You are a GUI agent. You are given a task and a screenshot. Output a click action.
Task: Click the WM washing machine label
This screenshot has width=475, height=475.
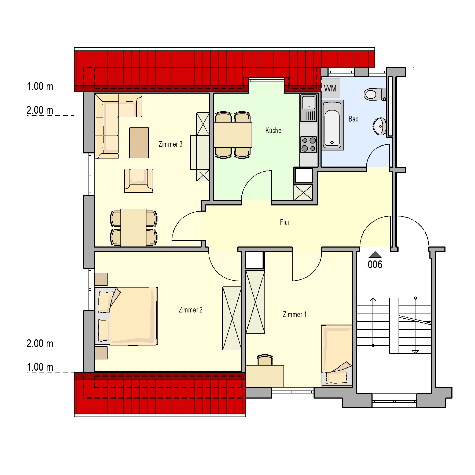point(330,89)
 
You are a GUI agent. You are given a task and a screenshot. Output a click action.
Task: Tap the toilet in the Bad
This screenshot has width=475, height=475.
point(375,94)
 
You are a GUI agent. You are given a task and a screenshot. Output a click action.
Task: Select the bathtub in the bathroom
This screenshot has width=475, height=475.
point(332,125)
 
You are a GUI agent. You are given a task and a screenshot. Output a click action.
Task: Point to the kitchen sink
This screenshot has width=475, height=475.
point(309,108)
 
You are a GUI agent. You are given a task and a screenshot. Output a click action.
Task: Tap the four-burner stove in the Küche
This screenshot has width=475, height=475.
point(308,144)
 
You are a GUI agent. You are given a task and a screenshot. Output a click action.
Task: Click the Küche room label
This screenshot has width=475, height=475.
point(273,131)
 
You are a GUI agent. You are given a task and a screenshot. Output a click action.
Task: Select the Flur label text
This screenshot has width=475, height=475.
point(285,222)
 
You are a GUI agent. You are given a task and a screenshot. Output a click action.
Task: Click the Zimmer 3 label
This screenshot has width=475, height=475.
point(171,144)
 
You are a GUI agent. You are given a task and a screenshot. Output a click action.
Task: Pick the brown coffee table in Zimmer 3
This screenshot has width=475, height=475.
point(139,143)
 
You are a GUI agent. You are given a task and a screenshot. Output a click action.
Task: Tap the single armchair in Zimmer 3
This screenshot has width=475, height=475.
point(138,181)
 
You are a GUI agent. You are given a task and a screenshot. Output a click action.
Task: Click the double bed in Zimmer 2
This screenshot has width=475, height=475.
point(126,316)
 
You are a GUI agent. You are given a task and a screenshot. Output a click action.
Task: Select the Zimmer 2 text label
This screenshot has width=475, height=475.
point(191,310)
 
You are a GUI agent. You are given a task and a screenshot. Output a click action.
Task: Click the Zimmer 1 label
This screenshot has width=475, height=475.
point(294,314)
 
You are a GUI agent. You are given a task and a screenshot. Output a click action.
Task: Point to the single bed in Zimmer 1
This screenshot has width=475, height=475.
point(337,355)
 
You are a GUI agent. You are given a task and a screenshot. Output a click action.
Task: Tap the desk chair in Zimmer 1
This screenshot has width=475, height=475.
point(265,360)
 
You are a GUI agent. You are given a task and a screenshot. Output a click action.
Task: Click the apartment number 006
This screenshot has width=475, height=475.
point(375,265)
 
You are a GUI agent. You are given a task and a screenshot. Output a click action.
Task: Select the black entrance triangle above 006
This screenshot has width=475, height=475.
point(375,255)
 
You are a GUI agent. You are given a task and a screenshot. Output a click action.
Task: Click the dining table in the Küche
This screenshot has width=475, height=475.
point(233,135)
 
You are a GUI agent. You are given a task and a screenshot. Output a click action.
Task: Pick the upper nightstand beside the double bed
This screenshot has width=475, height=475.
point(101,279)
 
